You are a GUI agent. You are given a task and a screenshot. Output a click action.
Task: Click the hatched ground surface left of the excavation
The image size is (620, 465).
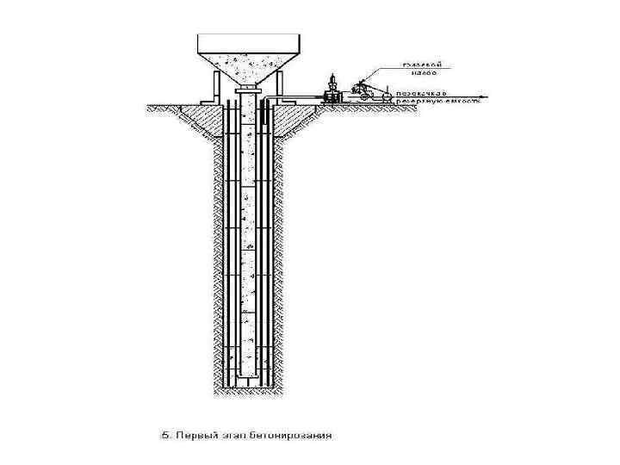[172, 108]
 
